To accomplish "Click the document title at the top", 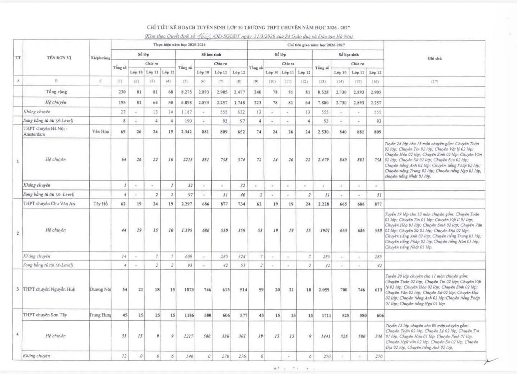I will (x=248, y=28).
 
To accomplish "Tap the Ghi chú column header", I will (x=434, y=58).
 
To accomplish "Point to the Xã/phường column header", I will (x=101, y=58).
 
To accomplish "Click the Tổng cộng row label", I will (x=56, y=92).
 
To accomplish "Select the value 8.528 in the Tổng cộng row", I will (x=321, y=92).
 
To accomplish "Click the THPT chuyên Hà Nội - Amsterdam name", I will (x=45, y=131).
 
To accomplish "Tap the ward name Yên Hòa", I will (x=101, y=132).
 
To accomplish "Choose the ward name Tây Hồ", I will (x=101, y=204).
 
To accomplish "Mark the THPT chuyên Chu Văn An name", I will (x=46, y=204).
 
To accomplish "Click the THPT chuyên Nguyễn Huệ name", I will (x=49, y=289).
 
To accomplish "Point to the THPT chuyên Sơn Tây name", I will (x=45, y=315).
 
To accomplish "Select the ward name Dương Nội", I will (x=100, y=289).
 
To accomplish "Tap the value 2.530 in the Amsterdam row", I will (x=321, y=132).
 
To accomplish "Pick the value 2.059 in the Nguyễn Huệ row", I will (x=321, y=290).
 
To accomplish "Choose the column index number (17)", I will (x=434, y=81).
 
